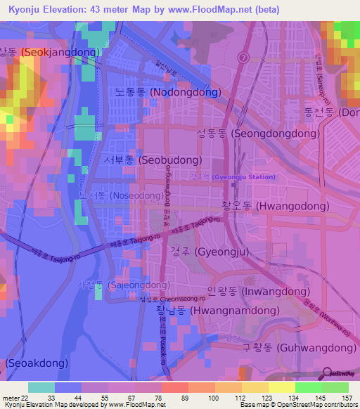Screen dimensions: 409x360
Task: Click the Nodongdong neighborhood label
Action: [x=168, y=92]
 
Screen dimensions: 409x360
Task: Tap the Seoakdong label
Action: [x=37, y=363]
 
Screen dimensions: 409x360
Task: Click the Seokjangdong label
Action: [x=52, y=52]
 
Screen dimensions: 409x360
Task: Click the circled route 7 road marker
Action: [x=243, y=56]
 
